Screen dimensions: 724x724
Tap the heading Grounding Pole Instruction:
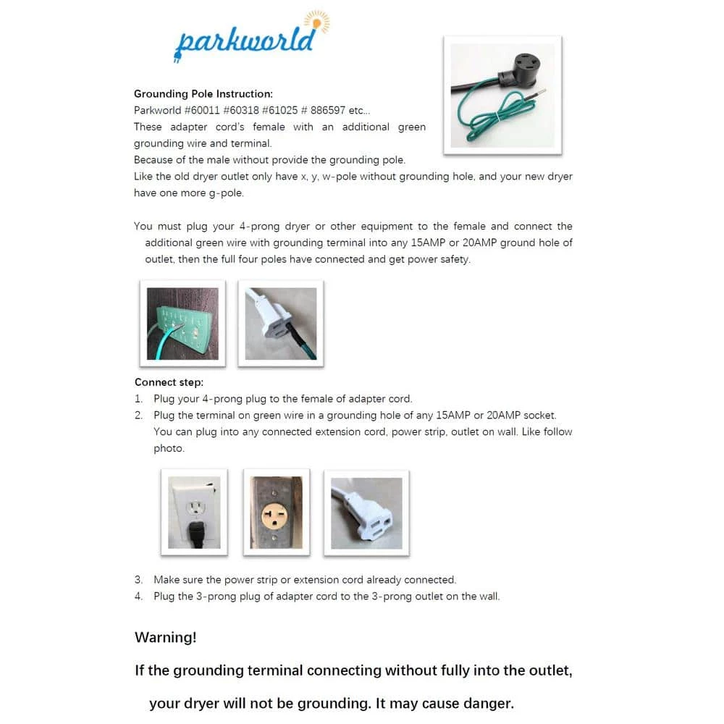pos(203,94)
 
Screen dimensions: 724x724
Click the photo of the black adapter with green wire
pos(502,95)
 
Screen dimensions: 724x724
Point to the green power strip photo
pos(182,323)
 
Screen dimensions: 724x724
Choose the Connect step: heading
pos(169,382)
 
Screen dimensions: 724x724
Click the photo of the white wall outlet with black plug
pos(194,512)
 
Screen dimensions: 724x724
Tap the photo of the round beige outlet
pos(276,512)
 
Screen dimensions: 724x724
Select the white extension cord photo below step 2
pos(366,512)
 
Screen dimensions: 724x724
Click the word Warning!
pos(165,638)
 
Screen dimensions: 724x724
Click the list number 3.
pos(138,580)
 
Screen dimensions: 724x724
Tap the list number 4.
pos(138,597)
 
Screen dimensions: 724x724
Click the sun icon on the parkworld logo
pos(316,21)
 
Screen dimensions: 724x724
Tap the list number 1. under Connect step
pos(138,399)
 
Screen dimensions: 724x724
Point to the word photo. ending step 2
pos(169,448)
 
